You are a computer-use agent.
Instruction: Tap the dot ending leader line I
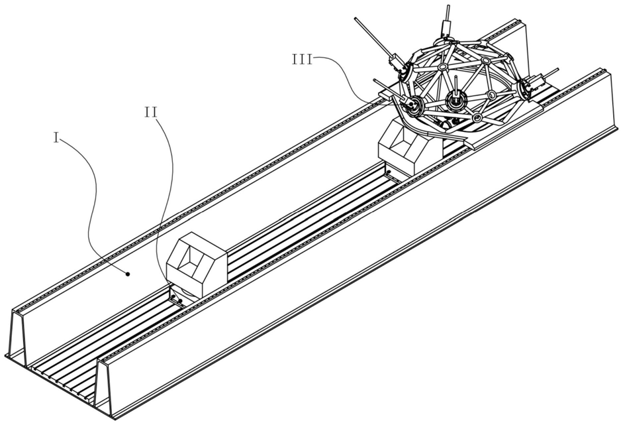point(129,273)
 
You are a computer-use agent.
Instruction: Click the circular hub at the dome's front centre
point(454,100)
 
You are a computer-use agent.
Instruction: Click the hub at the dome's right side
point(528,86)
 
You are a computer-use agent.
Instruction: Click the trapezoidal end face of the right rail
point(106,381)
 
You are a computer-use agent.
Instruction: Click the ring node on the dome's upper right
point(487,60)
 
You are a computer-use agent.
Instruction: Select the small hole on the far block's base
point(389,174)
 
